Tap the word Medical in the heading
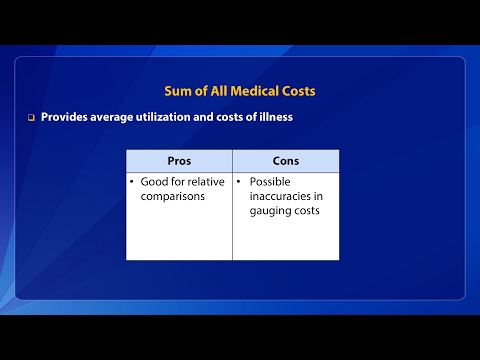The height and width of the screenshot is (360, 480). tap(251, 92)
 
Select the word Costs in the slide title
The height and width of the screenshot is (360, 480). tap(297, 92)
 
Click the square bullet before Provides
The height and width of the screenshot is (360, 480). tap(31, 117)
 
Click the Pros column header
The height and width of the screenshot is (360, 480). tap(179, 160)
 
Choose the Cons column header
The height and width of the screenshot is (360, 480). tap(285, 160)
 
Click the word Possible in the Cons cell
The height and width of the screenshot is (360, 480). tap(270, 182)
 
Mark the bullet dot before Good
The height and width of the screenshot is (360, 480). tap(133, 182)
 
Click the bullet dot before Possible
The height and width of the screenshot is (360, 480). tap(240, 182)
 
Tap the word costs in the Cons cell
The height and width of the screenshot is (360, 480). tap(307, 211)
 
